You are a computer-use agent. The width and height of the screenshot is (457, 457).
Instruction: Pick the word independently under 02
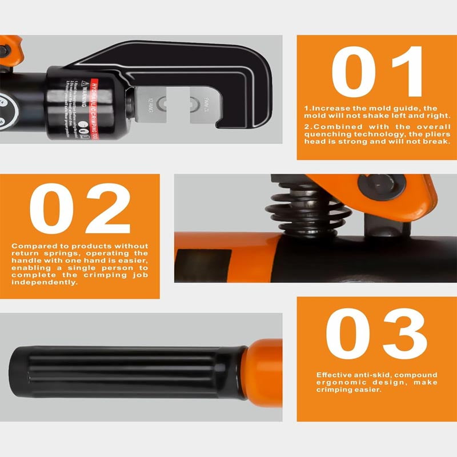[x=43, y=282]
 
